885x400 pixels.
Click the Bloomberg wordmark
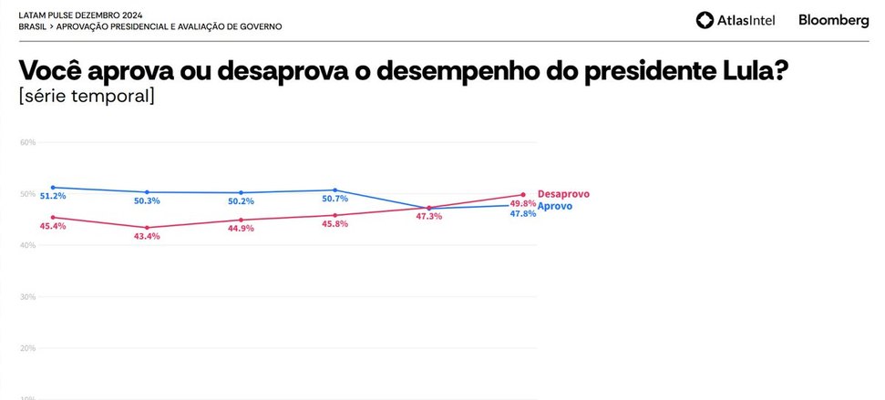tap(833, 20)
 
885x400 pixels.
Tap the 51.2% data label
tap(52, 196)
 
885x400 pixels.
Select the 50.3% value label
tap(146, 201)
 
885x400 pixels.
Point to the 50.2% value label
tap(241, 202)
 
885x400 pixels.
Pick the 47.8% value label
tap(522, 213)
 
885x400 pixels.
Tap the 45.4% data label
tap(52, 226)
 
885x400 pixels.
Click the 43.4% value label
tap(146, 236)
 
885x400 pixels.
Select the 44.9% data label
tap(241, 228)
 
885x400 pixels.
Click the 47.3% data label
tap(428, 216)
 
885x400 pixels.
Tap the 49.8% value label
tap(522, 203)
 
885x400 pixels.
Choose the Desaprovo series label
tap(563, 194)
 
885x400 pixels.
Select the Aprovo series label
tap(555, 206)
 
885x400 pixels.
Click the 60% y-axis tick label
tap(27, 143)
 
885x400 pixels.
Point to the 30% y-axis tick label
tap(27, 297)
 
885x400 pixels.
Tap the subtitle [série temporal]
tap(86, 97)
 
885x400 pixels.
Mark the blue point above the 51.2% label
tap(53, 187)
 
